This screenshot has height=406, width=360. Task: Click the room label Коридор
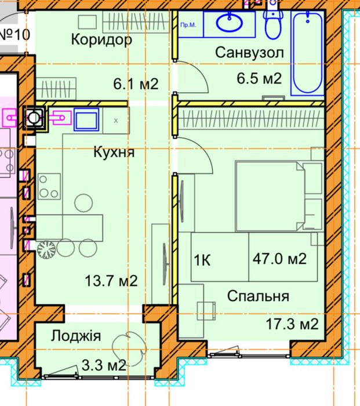[101, 40]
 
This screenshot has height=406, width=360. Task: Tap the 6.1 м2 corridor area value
[136, 85]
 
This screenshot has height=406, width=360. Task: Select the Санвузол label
[249, 53]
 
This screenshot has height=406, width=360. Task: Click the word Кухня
[114, 153]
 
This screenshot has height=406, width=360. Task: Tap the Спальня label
[258, 296]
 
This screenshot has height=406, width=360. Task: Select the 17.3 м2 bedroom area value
[292, 324]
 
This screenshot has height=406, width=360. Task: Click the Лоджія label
[76, 336]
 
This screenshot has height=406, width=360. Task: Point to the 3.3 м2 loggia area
[103, 365]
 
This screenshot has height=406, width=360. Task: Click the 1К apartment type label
[203, 260]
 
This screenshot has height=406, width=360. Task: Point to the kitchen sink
[85, 119]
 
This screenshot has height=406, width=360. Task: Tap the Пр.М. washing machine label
[188, 26]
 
